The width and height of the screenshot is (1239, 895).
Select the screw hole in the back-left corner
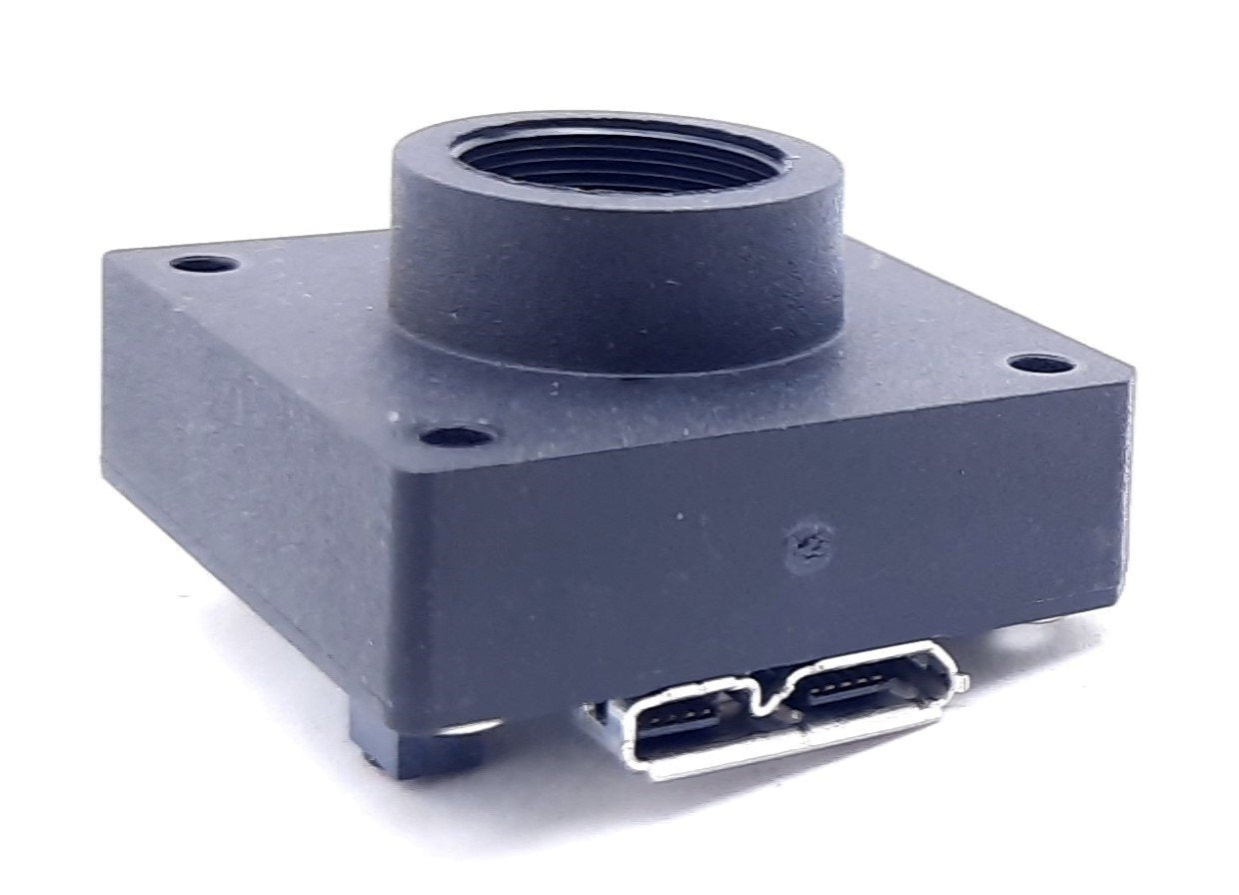204,265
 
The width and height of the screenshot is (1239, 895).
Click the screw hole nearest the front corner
456,436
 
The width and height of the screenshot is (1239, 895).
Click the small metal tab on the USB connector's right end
960,682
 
